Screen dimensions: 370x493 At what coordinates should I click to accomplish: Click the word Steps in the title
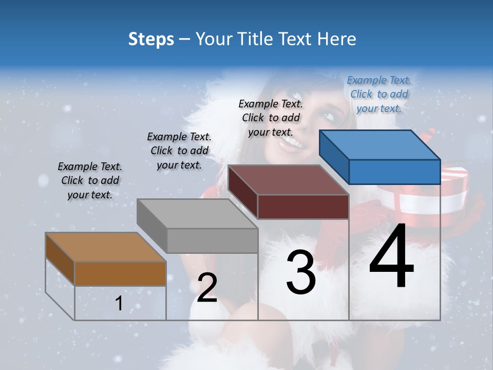[151, 39]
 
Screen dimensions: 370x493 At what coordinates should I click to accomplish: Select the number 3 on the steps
[300, 272]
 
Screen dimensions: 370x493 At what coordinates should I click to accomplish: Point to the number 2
[207, 288]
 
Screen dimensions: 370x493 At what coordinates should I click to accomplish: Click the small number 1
[119, 304]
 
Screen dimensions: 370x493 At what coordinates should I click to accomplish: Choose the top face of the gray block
[197, 213]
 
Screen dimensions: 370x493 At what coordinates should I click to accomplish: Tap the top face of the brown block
[106, 247]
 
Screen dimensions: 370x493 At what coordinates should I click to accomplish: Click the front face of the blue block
[394, 172]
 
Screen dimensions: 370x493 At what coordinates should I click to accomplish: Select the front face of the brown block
[121, 273]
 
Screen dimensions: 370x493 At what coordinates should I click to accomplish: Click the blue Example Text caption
[379, 94]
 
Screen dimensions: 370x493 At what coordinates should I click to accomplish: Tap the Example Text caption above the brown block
[90, 180]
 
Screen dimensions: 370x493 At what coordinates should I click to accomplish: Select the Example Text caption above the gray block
[179, 151]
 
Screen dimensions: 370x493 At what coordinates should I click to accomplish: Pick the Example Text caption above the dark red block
[271, 118]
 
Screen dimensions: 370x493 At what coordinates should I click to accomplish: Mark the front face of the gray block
[212, 240]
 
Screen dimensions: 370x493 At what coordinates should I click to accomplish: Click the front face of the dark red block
[303, 207]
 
